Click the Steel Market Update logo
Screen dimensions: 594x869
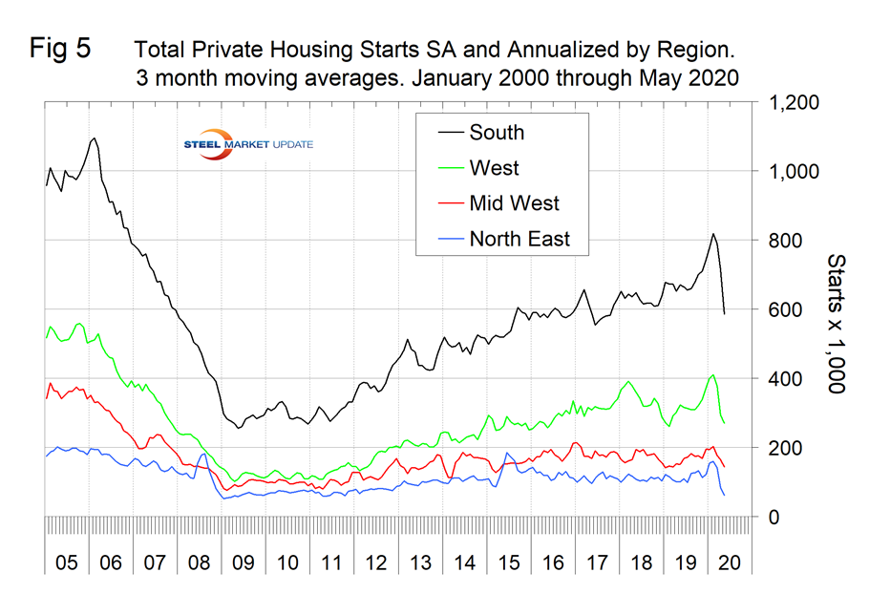pyautogui.click(x=247, y=143)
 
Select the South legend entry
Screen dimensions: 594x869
pyautogui.click(x=497, y=133)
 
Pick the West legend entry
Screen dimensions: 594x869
pyautogui.click(x=494, y=168)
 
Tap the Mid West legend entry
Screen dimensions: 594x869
pyautogui.click(x=514, y=203)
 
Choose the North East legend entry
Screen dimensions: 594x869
pyautogui.click(x=519, y=239)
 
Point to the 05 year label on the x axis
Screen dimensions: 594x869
pyautogui.click(x=65, y=561)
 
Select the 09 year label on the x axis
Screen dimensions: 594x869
pyautogui.click(x=243, y=561)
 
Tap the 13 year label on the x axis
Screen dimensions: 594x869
pyautogui.click(x=419, y=561)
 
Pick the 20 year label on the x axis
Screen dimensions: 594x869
pyautogui.click(x=730, y=561)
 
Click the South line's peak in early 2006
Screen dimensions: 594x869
pyautogui.click(x=93, y=138)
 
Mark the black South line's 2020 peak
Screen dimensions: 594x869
pyautogui.click(x=712, y=234)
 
